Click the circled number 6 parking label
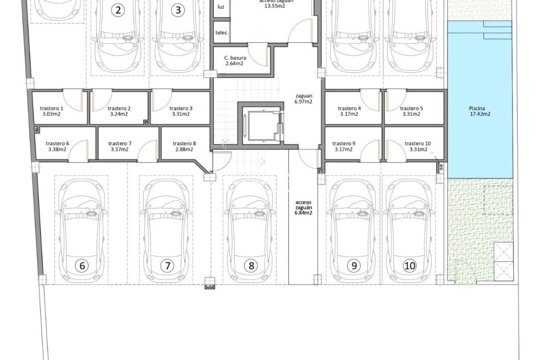pos(82,266)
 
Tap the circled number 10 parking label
pos(410,266)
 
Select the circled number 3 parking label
pos(178,10)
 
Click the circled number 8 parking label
pos(251,266)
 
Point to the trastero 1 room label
pos(51,111)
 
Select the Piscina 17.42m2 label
pos(479,111)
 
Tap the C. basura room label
pos(235,60)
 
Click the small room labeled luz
pos(221,7)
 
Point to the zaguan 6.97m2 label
pos(303,99)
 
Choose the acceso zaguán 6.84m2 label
pos(303,207)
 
